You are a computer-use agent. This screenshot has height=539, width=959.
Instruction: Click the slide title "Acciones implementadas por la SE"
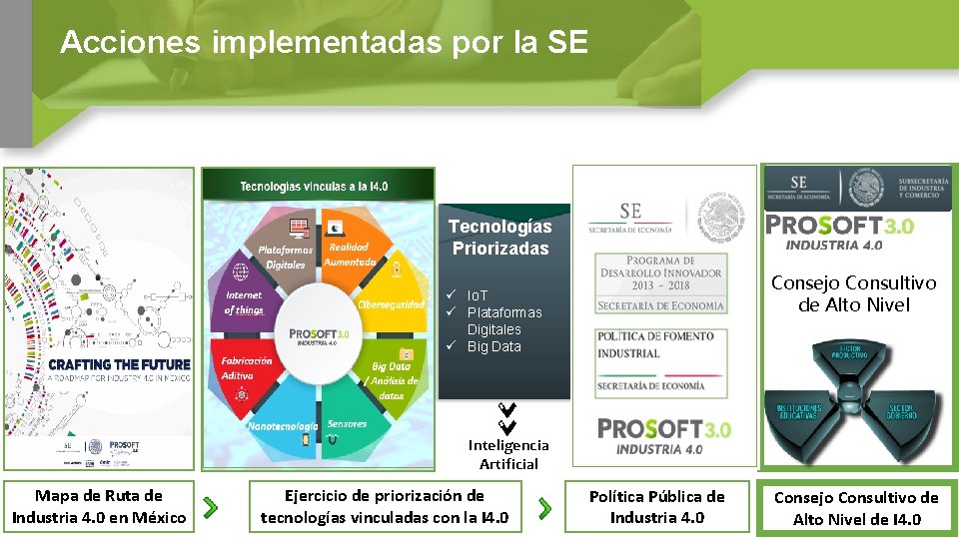click(324, 42)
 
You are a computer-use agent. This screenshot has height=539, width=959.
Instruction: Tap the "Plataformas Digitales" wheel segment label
click(285, 258)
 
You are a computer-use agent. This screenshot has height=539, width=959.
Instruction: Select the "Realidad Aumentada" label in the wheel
click(350, 255)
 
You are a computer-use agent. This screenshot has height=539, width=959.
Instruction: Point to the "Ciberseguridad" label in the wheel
click(391, 304)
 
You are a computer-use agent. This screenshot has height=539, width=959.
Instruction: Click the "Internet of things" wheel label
click(244, 302)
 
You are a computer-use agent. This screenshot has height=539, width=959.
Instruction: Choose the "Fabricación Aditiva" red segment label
click(247, 367)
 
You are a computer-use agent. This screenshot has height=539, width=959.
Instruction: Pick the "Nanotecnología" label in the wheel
click(282, 426)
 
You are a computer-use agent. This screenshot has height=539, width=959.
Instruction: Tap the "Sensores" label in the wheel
click(347, 424)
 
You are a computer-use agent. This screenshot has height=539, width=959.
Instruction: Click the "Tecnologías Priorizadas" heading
click(499, 238)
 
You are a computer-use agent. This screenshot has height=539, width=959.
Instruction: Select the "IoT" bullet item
click(478, 295)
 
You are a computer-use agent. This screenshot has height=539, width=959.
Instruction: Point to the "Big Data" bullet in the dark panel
click(493, 346)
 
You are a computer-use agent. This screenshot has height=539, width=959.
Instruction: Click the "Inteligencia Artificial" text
click(508, 454)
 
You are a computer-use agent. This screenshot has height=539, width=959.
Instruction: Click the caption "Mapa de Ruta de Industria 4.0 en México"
click(99, 506)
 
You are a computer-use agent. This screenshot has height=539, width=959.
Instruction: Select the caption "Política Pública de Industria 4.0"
click(656, 506)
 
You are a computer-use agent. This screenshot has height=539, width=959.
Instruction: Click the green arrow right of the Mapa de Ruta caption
click(210, 508)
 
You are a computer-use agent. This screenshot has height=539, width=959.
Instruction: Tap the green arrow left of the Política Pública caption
click(544, 508)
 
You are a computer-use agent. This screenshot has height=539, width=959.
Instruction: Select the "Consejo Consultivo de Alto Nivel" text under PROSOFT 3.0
click(853, 294)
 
